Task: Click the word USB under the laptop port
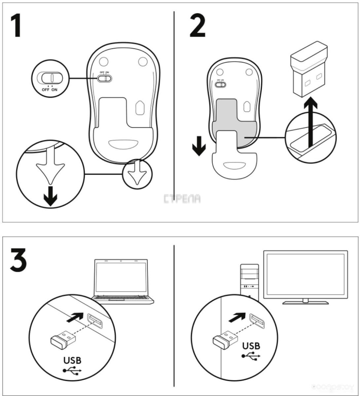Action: (x=72, y=360)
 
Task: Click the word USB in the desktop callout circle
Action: (x=251, y=346)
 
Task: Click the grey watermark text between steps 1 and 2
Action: (x=182, y=199)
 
